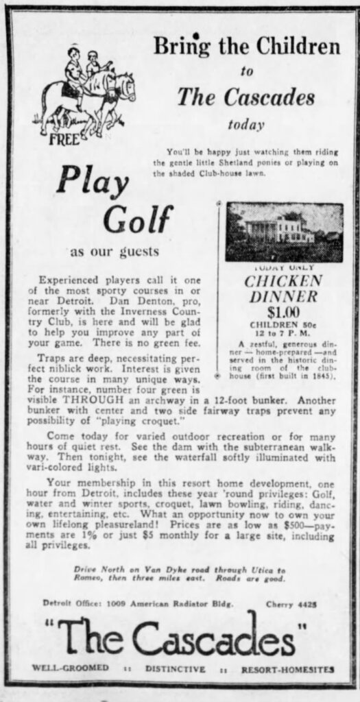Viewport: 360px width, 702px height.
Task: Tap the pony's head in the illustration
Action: point(125,86)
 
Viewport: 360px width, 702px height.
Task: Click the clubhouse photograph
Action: point(284,232)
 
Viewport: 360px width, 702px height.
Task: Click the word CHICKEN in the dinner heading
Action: point(284,281)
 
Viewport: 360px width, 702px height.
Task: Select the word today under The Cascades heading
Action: point(246,125)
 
